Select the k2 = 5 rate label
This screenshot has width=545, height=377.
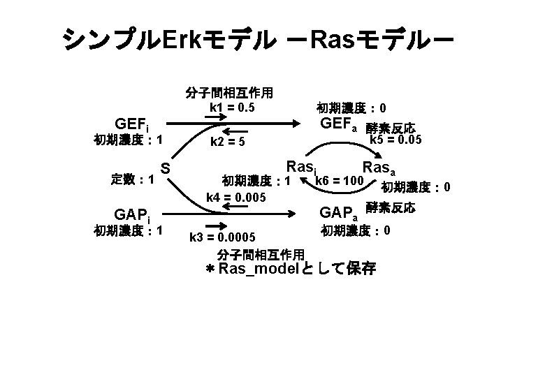pos(228,142)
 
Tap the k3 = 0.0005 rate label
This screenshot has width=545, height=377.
pos(222,237)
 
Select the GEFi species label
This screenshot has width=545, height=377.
pos(132,125)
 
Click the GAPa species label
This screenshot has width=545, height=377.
pos(338,212)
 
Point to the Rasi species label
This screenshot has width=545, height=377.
pos(302,168)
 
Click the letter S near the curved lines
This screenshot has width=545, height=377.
pos(166,168)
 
